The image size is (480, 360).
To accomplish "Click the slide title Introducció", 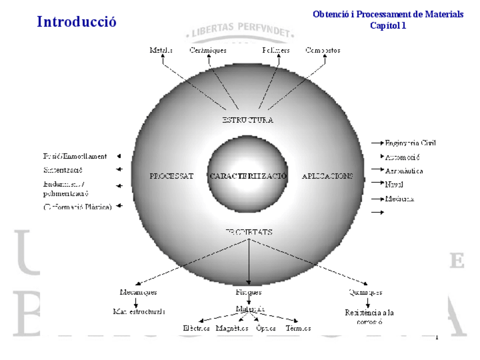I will [x=76, y=22].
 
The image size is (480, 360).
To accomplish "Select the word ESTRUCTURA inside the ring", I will [x=247, y=120].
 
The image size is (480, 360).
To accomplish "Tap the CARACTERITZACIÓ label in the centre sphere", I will [x=248, y=176].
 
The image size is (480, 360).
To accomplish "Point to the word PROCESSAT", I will [x=172, y=176].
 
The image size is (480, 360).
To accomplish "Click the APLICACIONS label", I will [x=327, y=176].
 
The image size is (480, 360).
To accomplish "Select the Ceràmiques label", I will [x=208, y=50].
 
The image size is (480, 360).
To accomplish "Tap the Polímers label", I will [x=276, y=50].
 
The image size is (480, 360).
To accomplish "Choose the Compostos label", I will [x=323, y=50].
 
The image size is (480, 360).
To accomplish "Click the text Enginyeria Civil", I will [x=410, y=143].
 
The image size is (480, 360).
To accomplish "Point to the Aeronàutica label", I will [x=404, y=170].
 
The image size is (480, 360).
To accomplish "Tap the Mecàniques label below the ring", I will [x=138, y=293].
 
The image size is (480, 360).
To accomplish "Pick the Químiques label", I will [x=365, y=293].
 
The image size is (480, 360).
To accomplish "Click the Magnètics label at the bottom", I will [x=232, y=328].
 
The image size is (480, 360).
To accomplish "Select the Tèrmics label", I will [x=298, y=328].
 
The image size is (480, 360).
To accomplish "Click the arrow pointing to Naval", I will [x=378, y=184].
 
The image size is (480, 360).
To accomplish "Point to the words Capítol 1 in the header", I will [x=388, y=26].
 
